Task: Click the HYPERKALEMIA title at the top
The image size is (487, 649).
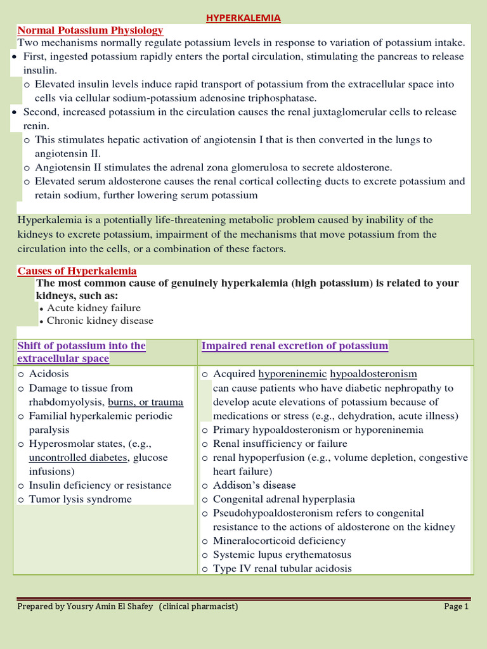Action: coord(243,18)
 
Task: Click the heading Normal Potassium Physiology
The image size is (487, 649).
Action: coord(90,30)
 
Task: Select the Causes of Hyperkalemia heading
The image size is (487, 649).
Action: coord(77,271)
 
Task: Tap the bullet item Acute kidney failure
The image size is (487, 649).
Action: coord(94,308)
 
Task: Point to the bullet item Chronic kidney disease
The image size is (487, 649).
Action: coord(100,321)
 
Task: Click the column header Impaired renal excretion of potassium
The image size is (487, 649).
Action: coord(294,346)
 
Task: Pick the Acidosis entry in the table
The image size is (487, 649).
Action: coord(49,374)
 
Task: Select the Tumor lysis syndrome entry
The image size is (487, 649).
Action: coord(80,499)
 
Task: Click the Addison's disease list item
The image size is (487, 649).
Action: coord(254,485)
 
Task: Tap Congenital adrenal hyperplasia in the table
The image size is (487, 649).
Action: coord(283,499)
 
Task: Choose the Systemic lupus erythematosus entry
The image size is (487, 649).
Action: coord(282,555)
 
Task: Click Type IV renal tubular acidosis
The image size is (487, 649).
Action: coord(282,569)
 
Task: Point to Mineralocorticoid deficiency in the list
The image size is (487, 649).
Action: coord(279,541)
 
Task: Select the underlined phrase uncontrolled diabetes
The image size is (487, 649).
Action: coord(78,458)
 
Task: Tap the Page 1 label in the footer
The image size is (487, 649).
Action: coord(456,607)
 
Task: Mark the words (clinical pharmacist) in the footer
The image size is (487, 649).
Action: coord(198,607)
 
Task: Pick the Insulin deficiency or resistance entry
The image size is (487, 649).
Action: coord(100,485)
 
